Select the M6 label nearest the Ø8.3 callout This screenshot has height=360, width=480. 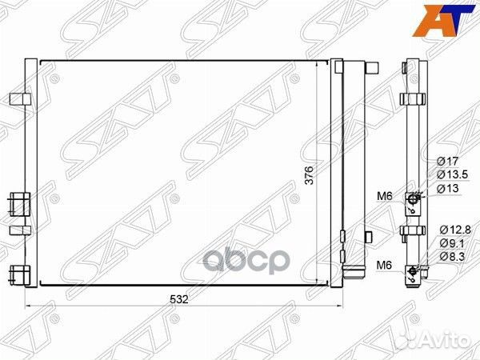(386, 265)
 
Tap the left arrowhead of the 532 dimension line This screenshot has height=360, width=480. (30, 306)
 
